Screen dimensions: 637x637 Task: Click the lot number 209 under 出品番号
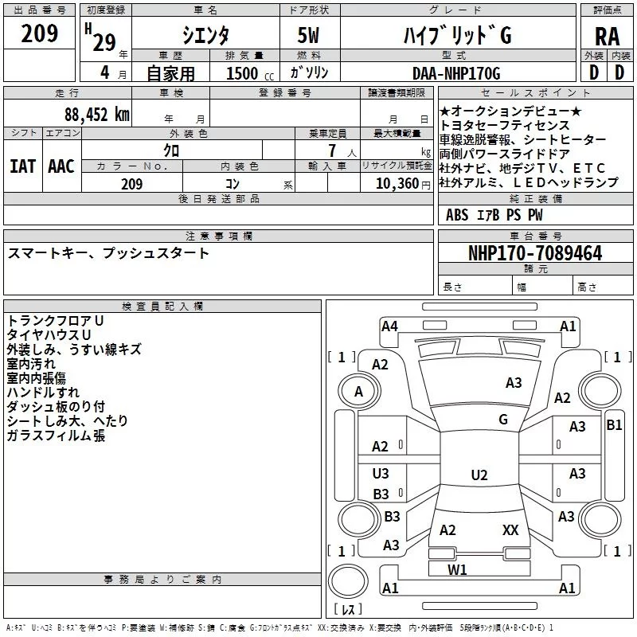pos(39,34)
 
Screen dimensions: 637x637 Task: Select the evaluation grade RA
pos(607,37)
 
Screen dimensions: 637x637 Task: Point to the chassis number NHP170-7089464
pos(535,253)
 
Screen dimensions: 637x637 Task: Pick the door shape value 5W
pos(311,36)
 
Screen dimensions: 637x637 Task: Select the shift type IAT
pos(22,166)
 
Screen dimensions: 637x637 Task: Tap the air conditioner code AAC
pos(61,166)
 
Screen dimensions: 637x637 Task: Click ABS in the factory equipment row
pos(457,215)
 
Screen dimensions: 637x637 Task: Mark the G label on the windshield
pos(503,420)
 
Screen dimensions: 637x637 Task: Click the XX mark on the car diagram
pos(510,530)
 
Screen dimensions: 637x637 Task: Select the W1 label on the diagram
pos(457,569)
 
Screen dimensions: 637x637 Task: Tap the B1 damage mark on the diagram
pos(614,425)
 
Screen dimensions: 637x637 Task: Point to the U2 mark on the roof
pos(479,475)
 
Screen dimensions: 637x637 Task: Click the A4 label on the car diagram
pos(389,325)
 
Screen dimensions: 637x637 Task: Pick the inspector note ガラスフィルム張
pos(56,436)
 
